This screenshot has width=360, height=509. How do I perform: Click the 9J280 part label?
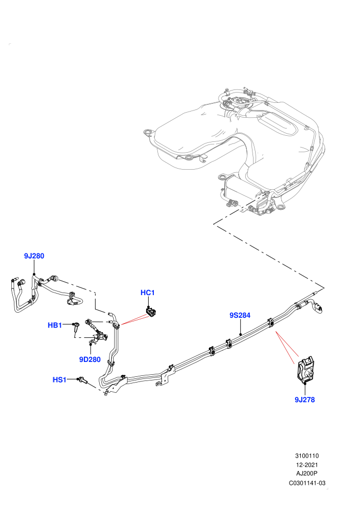34,256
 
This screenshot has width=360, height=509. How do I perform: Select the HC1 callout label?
148,293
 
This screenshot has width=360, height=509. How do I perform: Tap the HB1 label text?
55,325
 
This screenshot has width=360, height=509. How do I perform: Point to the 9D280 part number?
90,359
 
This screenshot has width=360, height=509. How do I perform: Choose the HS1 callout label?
60,379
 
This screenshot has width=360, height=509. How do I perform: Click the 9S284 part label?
240,315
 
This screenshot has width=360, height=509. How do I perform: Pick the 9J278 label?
305,399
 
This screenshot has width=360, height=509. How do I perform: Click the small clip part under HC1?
150,312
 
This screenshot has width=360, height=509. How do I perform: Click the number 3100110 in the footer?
307,456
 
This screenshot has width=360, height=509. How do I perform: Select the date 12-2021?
307,465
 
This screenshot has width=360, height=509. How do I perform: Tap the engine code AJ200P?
307,474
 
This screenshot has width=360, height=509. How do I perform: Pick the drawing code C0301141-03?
307,483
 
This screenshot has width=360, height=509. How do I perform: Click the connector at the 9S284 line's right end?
318,308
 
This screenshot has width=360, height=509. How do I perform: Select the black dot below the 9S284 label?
240,334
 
